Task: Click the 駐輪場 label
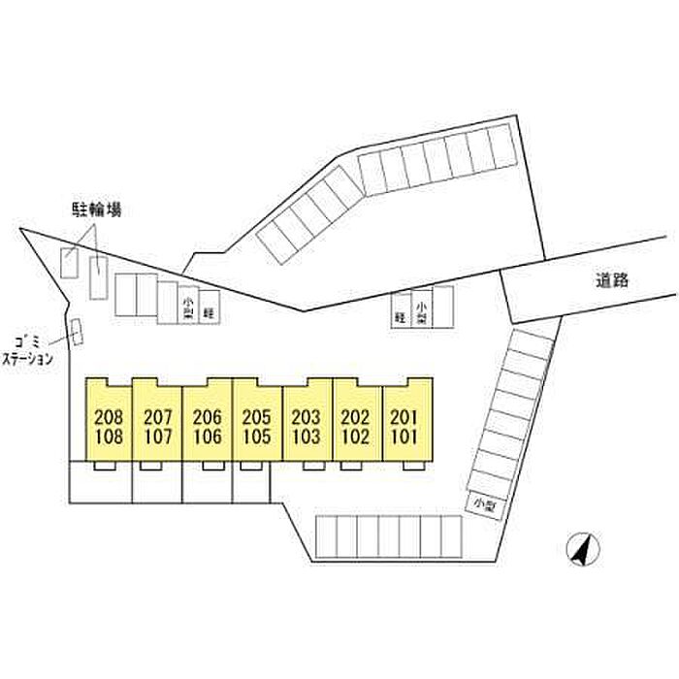96,210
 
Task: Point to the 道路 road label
613,281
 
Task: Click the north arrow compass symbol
581,551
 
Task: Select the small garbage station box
77,333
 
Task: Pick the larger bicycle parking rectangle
100,277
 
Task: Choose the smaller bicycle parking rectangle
71,262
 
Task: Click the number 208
109,417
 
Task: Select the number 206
208,417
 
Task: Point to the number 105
257,436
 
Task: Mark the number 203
307,417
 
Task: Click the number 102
356,436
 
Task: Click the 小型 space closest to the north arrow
481,502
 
